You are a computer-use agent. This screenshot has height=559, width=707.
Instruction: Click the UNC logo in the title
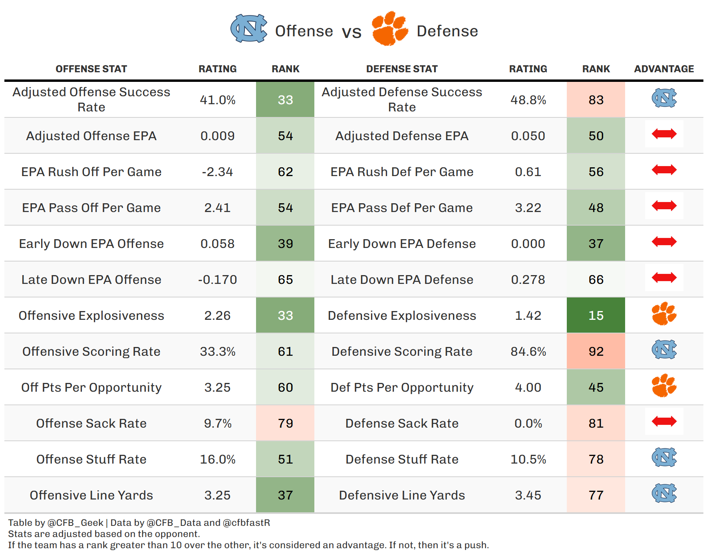tap(249, 28)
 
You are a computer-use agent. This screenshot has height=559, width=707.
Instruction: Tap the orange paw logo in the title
tap(390, 28)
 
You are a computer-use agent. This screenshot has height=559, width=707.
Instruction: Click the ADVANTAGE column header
tap(664, 69)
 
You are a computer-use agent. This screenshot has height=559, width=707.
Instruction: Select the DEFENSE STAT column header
tap(402, 69)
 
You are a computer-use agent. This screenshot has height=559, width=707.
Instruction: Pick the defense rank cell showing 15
tap(596, 315)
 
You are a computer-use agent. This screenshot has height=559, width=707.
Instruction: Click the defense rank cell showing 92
tap(596, 351)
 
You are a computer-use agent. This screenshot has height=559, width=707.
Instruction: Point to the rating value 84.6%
tap(528, 351)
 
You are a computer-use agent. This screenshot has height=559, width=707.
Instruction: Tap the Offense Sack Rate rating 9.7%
tap(218, 423)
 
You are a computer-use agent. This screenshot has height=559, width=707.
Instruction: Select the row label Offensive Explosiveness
tap(91, 315)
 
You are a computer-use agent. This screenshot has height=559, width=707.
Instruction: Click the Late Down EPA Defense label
tap(402, 279)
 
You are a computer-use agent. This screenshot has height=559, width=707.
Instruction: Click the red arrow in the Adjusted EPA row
tap(664, 134)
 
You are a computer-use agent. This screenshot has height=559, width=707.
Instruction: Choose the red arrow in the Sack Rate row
tap(664, 421)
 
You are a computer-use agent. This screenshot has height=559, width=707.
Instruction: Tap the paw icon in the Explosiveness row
tap(664, 313)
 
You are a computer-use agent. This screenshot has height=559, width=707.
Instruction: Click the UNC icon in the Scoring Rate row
tap(664, 349)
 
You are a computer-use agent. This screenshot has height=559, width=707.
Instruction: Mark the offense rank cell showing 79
tap(285, 423)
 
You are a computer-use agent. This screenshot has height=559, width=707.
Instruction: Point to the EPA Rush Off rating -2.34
tap(217, 172)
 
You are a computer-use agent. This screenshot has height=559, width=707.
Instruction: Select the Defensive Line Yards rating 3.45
tap(528, 495)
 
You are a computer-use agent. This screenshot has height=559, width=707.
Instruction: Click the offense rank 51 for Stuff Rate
tap(285, 459)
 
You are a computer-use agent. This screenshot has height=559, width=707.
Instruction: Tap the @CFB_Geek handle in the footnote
tap(75, 523)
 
